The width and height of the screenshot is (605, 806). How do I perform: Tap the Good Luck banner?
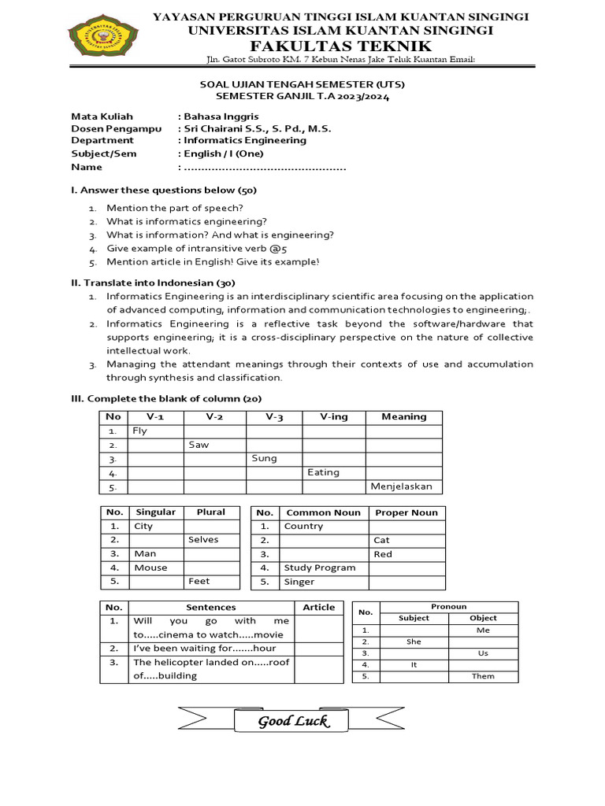[293, 721]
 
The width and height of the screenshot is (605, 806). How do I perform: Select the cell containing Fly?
[156, 431]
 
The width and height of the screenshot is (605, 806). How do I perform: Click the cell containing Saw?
[215, 445]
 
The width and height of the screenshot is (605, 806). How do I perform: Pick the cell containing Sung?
[274, 458]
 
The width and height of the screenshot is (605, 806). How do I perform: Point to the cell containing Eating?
[333, 472]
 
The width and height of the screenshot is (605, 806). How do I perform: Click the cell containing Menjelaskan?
[403, 486]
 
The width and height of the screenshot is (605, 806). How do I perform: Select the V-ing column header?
[334, 416]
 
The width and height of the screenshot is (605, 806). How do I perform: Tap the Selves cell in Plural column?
[211, 540]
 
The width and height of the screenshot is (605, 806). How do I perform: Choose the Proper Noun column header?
[406, 512]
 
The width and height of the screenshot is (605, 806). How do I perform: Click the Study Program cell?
[324, 568]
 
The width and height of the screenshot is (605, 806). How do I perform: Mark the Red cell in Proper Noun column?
[406, 554]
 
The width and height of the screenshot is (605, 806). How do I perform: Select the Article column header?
[318, 607]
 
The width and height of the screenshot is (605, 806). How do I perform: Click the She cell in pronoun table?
[414, 641]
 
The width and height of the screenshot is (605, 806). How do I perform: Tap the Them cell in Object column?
[483, 676]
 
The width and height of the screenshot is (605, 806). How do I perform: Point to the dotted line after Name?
[265, 167]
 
